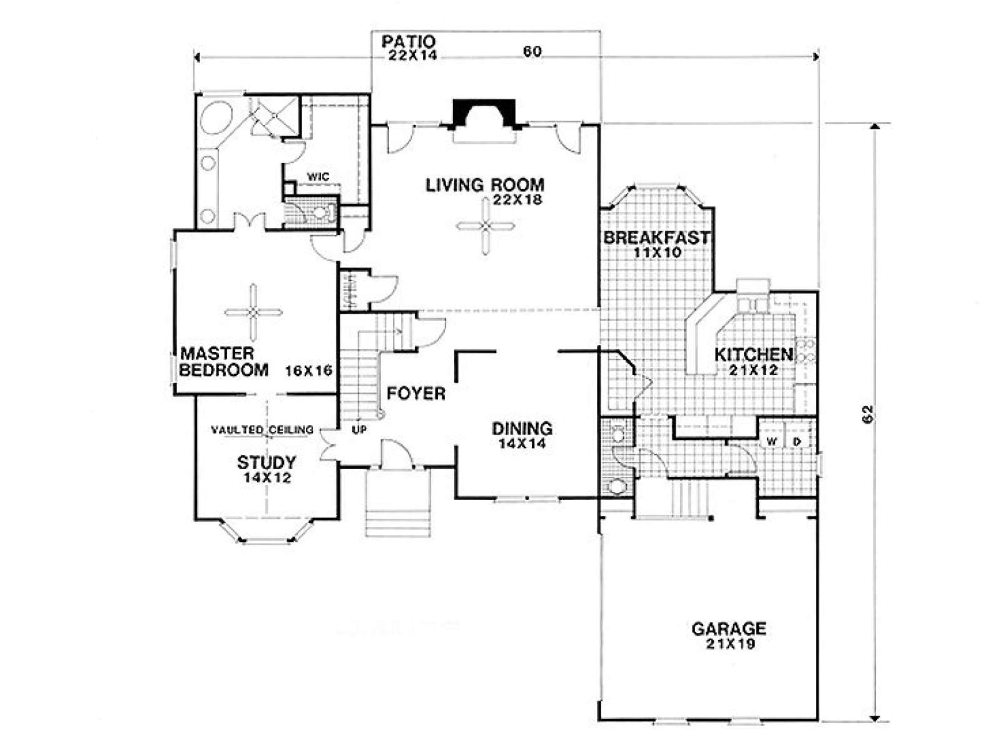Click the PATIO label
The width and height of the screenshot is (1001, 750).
tap(408, 42)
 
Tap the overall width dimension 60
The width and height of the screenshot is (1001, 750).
tap(532, 52)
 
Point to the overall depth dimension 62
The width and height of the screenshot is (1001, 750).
tap(867, 414)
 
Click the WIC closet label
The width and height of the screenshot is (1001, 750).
tap(318, 177)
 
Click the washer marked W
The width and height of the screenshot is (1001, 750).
tap(773, 442)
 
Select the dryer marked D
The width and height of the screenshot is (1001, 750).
tap(798, 442)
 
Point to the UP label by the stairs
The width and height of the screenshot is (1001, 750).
tap(358, 430)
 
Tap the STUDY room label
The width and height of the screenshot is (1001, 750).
tap(267, 463)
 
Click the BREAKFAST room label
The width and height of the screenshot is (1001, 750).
tap(656, 237)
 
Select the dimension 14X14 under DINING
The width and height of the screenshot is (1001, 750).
tap(522, 444)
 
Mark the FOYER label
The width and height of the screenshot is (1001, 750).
tap(416, 393)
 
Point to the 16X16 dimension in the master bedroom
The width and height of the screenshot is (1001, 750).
tap(308, 371)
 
